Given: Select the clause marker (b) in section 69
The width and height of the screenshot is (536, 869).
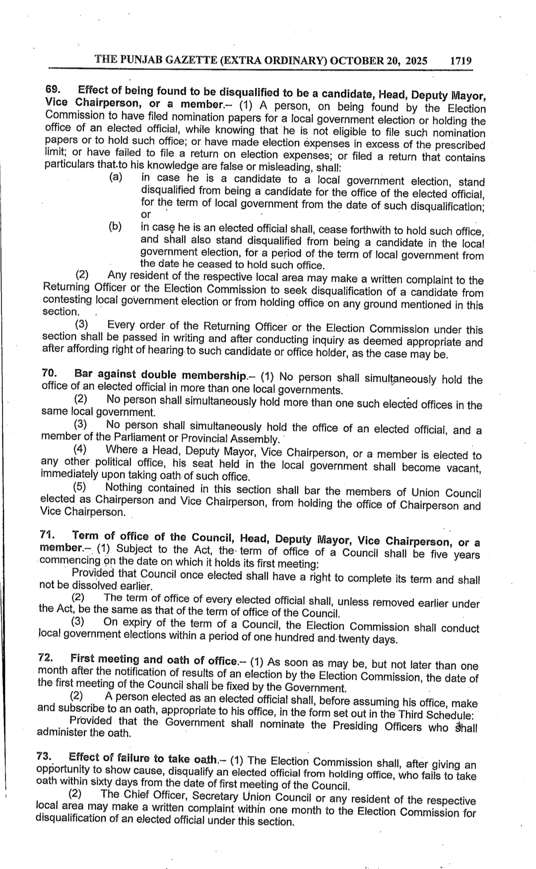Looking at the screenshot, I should tap(115, 227).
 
